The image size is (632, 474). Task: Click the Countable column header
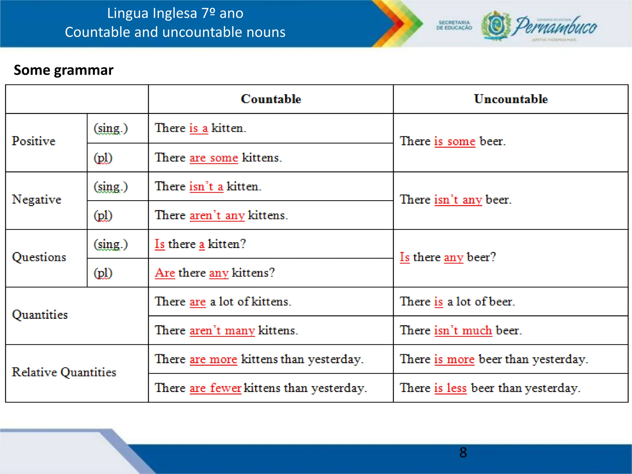coord(271,99)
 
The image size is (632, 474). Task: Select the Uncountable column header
coord(511,99)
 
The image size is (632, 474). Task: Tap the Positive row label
coord(34,141)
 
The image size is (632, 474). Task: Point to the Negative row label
coord(36,199)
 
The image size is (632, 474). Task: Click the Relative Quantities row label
coord(64,372)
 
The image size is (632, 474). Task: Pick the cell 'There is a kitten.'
coord(201,128)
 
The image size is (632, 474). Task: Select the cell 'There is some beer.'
coord(453,141)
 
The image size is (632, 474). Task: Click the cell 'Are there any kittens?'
coord(215,273)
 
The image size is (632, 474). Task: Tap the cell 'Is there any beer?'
coord(448,257)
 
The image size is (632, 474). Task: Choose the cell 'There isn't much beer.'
coord(461,331)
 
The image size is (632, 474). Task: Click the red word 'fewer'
coord(226,388)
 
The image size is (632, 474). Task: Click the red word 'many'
coord(240,331)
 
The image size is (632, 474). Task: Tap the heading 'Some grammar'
coord(64,70)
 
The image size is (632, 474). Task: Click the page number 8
coord(463,452)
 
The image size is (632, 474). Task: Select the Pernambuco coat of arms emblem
coord(496,26)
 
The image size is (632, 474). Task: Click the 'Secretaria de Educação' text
coord(454,25)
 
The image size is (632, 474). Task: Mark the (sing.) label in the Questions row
coord(110,244)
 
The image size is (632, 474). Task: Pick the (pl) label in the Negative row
coord(103,215)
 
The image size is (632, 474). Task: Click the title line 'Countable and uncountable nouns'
coord(175,32)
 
